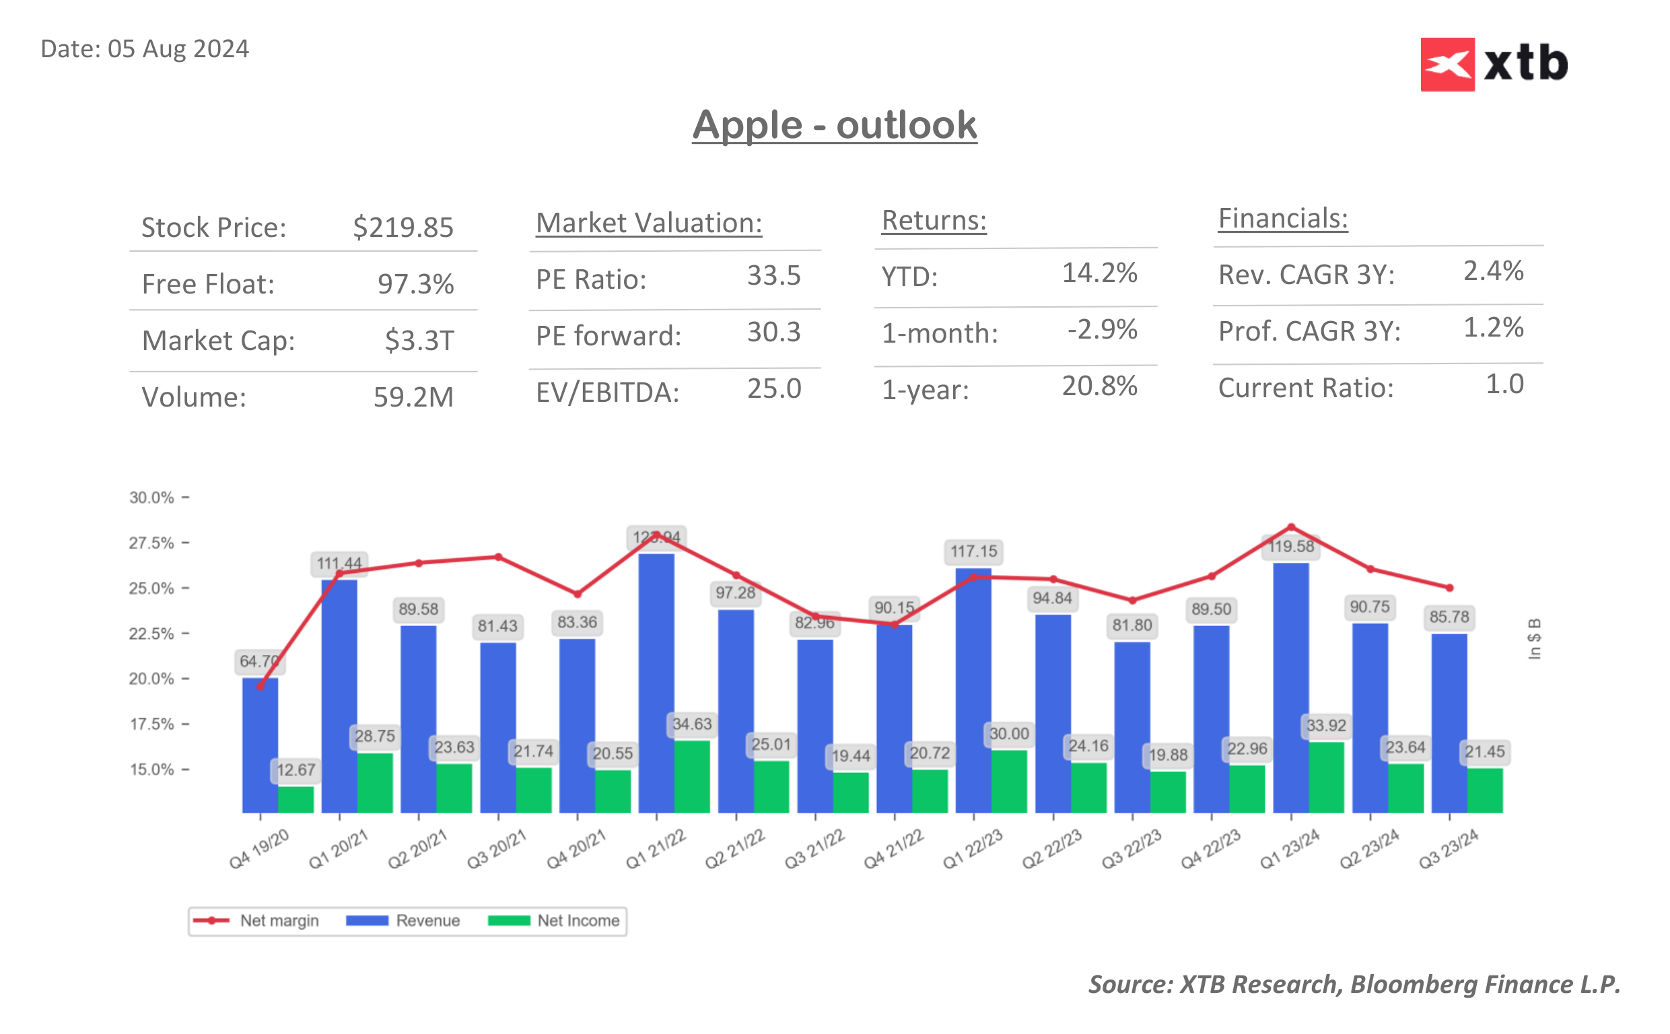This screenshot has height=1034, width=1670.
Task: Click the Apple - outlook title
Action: pos(834,125)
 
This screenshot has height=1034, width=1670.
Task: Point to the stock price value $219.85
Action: pos(403,228)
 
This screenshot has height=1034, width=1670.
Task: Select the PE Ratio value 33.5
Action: pos(773,275)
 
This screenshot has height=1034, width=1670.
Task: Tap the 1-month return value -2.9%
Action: pos(1102,330)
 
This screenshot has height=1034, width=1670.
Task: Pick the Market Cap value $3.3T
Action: pos(419,340)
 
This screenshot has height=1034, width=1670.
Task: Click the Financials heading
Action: pos(1282,219)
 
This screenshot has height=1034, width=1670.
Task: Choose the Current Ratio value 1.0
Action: pos(1504,384)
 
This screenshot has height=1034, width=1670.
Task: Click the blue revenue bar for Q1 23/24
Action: pos(1290,684)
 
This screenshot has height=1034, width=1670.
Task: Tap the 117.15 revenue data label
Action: pos(973,551)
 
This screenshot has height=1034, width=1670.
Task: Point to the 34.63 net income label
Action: pos(692,724)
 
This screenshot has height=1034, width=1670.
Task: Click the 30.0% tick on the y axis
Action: pos(151,497)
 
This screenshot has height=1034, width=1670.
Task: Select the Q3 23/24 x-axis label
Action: pos(1448,849)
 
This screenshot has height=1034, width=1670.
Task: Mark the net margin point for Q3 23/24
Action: pos(1449,588)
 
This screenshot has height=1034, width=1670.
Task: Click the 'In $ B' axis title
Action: pos(1534,639)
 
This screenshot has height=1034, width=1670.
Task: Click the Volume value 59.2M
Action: pos(413,397)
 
